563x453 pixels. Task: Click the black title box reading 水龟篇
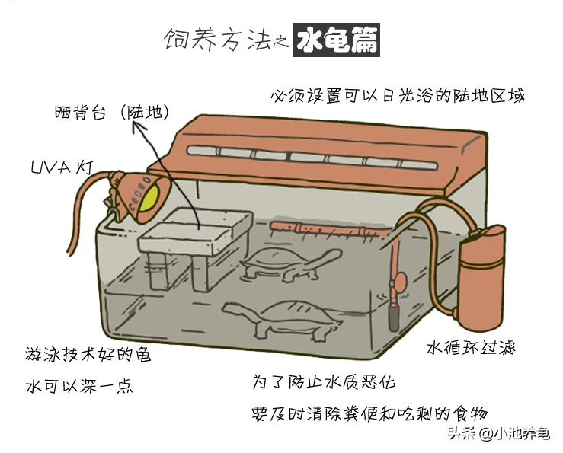coord(337,40)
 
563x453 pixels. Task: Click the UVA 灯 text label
coord(62,167)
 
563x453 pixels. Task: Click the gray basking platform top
coord(197,228)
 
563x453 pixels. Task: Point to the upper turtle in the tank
coord(288,263)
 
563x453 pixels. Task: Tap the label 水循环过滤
coord(470,347)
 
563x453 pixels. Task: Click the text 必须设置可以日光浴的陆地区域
coord(397,97)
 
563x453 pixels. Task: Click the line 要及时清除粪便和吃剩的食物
coord(369,413)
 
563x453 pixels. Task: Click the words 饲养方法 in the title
coord(217,40)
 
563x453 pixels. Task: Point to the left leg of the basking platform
coord(156,270)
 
